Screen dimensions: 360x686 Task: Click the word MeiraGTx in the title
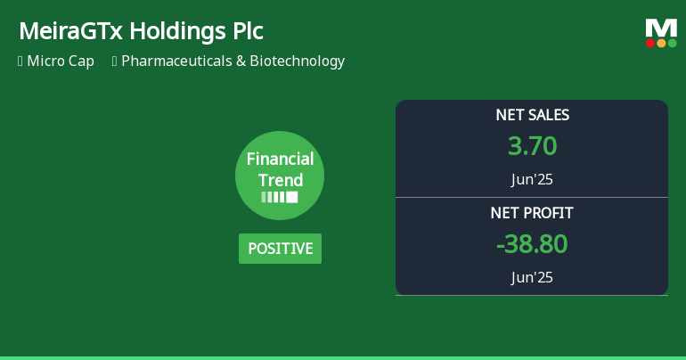[x=70, y=31]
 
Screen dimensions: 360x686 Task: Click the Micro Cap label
[x=61, y=61]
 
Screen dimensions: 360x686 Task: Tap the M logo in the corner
[x=661, y=28]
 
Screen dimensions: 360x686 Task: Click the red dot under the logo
[x=650, y=43]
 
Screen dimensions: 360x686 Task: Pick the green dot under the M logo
[x=672, y=43]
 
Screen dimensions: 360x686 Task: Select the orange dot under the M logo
[x=661, y=43]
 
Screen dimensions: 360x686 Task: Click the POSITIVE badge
[x=280, y=249]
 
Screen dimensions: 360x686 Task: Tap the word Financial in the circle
[x=280, y=160]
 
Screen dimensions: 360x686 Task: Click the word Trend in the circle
[x=280, y=180]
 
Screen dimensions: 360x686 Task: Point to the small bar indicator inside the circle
[x=280, y=197]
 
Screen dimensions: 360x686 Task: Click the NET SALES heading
[x=532, y=115]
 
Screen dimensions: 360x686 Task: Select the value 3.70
[x=532, y=145]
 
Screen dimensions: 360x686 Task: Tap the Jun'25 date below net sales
[x=532, y=179]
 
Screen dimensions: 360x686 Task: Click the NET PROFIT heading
[x=532, y=213]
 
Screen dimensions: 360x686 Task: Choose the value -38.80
[x=532, y=243]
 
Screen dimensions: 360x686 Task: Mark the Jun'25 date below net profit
[x=532, y=277]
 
